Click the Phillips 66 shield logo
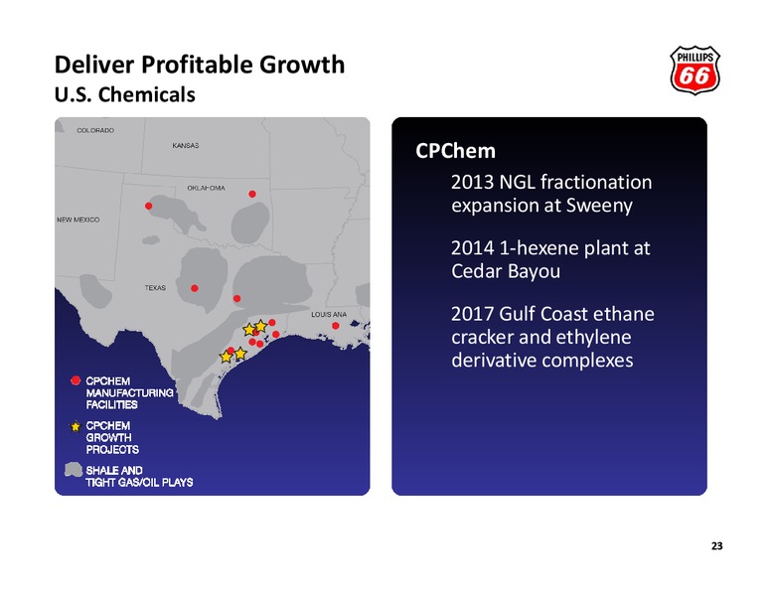coord(694,71)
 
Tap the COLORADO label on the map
coord(95,130)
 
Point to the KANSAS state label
coord(186,146)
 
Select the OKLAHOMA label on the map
coord(206,188)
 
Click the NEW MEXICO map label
coord(78,220)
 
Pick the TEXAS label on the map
coord(155,288)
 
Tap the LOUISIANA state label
coord(329,314)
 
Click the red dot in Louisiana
coord(336,326)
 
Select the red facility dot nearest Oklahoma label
coord(252,194)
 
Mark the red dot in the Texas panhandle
coord(148,206)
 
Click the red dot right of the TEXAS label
coord(195,288)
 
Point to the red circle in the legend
coord(76,380)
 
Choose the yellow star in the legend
coord(76,426)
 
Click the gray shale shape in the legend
coord(74,470)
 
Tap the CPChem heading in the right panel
coord(455,151)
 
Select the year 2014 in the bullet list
coord(472,248)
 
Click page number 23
coord(717,546)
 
